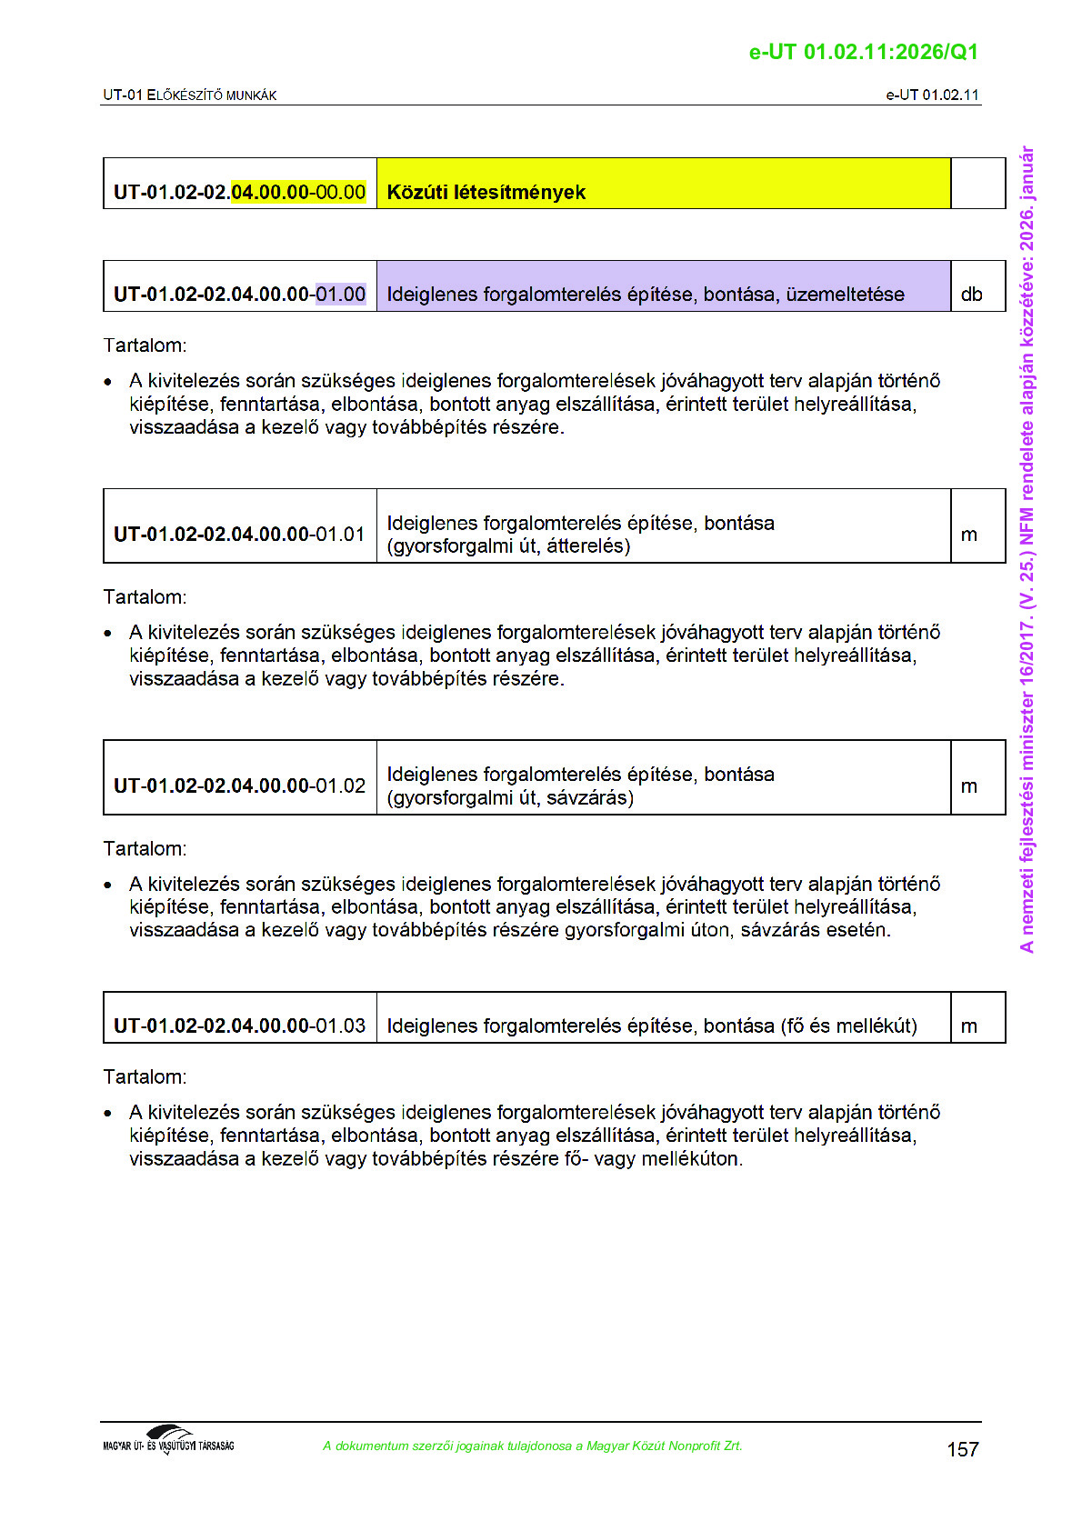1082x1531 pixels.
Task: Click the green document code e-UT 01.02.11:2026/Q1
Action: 863,52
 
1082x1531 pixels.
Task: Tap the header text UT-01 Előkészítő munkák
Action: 190,95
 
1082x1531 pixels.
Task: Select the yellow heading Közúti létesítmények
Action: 486,192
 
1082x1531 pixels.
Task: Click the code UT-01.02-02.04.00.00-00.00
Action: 240,192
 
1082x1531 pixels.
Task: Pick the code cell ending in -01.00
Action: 240,294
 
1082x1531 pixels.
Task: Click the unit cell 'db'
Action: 971,294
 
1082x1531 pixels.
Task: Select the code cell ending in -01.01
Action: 240,534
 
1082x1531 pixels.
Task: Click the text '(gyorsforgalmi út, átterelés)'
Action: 508,545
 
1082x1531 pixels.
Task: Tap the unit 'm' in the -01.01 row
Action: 969,535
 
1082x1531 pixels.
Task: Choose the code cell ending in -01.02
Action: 240,786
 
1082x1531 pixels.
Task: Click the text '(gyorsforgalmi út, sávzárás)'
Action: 510,797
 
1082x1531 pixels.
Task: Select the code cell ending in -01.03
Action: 240,1026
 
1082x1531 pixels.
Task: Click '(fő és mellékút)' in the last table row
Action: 848,1026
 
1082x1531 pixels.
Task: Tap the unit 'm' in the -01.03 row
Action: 969,1026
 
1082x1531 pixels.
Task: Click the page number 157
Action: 962,1449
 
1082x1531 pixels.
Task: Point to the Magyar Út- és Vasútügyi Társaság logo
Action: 168,1440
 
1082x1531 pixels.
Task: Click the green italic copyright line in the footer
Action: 533,1446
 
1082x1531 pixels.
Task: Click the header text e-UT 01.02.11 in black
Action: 932,95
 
